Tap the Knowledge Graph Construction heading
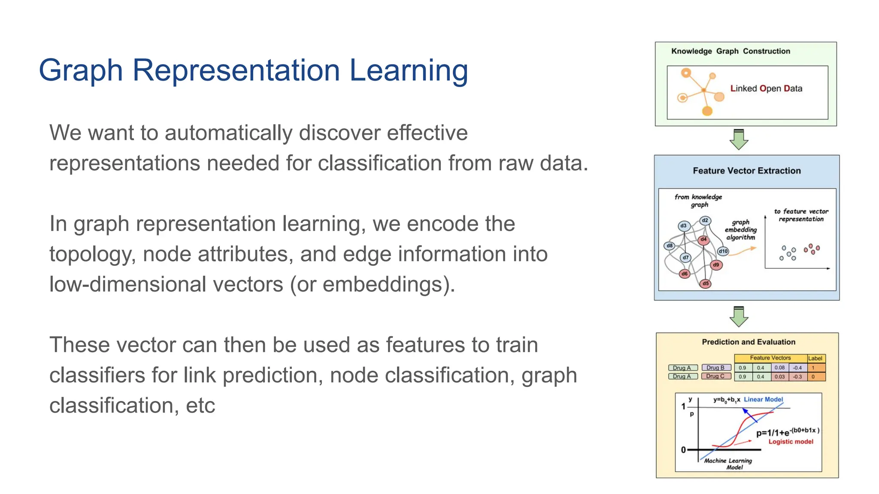pos(730,51)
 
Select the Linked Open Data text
pos(766,88)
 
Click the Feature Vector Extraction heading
pos(746,171)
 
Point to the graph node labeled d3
pos(684,226)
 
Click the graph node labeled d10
pos(723,251)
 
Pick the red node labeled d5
pos(706,283)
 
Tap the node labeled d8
pos(670,246)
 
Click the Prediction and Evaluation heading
pos(748,342)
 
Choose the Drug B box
pos(716,367)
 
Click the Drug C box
pos(716,376)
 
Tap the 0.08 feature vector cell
pos(779,367)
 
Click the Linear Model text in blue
pos(763,399)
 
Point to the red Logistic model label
pos(791,441)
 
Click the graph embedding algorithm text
pos(740,230)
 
